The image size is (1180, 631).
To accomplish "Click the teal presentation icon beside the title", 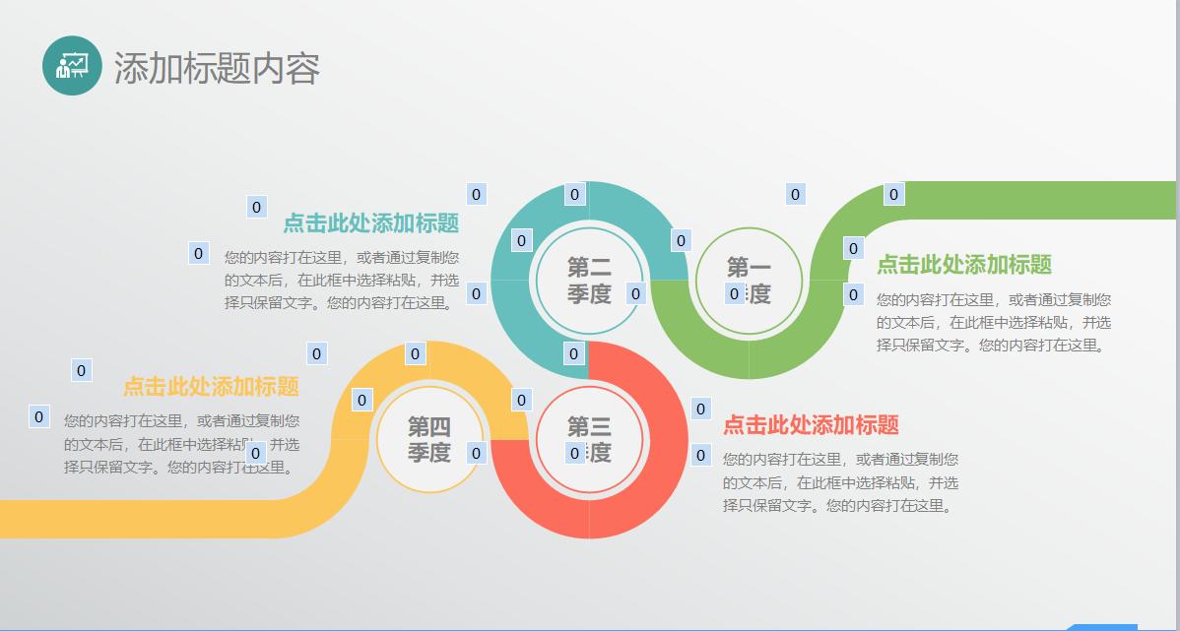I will click(x=72, y=66).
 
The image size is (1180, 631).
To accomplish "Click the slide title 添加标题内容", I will click(x=217, y=68).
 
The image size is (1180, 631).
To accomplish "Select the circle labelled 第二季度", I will click(x=589, y=280).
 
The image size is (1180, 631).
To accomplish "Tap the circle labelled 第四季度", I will click(x=429, y=439).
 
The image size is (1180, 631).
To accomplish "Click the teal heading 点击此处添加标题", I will click(x=371, y=223).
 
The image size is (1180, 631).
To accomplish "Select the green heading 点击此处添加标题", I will click(x=964, y=265).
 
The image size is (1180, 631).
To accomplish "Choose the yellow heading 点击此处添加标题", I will click(x=211, y=387).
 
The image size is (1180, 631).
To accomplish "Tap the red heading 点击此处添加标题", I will click(x=811, y=425).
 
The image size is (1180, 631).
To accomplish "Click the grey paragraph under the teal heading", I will click(x=342, y=281).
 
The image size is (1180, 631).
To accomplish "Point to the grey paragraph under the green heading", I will click(x=994, y=322).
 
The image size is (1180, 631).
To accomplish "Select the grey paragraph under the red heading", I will click(x=840, y=482).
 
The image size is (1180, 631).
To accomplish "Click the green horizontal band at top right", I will click(x=1044, y=200).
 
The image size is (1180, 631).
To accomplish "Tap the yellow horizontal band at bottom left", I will click(x=148, y=519).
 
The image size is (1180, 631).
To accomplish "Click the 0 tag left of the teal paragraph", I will click(x=198, y=254).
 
